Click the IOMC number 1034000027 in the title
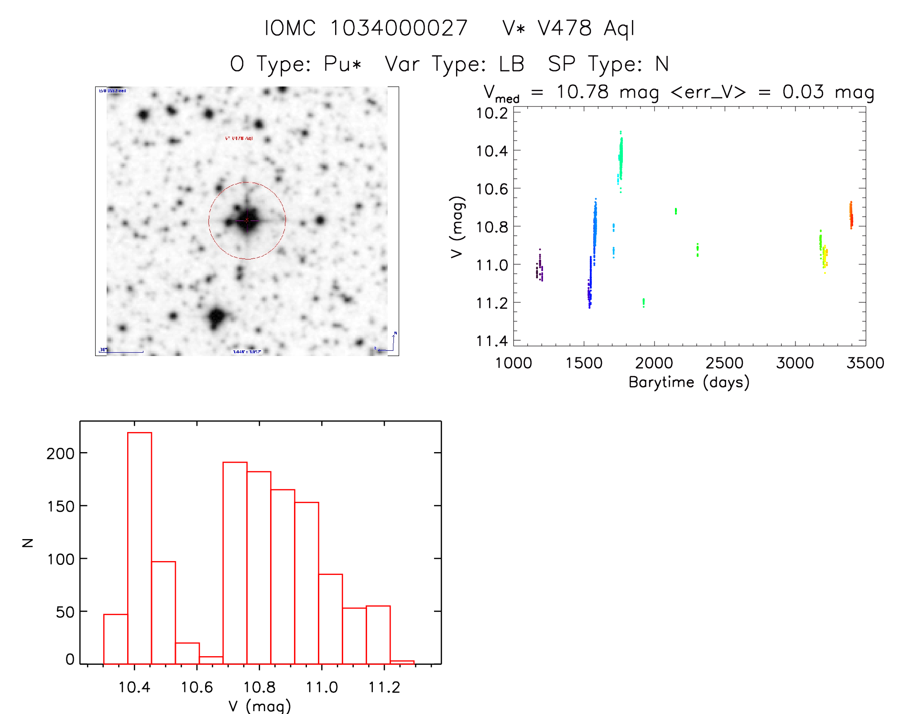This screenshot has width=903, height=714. pos(399,28)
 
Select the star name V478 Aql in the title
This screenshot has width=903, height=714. pos(586,28)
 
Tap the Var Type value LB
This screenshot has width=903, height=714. pos(511,64)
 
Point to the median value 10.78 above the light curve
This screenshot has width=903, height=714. pos(583,92)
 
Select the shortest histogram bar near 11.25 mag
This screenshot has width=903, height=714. pos(402,662)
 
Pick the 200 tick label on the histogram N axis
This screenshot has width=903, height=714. pos(61,453)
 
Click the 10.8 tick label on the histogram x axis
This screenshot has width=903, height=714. pos(259,687)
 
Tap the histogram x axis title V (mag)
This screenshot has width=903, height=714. pos(259,706)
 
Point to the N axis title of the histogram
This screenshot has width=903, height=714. pos(28,542)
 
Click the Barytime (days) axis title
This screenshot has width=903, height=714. pos(689,382)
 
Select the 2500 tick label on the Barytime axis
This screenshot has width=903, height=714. pos(724,363)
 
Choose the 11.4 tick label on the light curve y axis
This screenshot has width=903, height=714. pos(492,341)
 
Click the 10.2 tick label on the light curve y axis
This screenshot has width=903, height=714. pos(492,113)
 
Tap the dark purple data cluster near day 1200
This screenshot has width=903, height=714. pos(540,268)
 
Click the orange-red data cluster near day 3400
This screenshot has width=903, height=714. pos(851,215)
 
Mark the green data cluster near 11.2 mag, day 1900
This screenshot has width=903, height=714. pos(643,302)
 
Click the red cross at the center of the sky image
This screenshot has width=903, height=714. pos(247,220)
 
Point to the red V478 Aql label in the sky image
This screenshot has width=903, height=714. pos(239,139)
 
